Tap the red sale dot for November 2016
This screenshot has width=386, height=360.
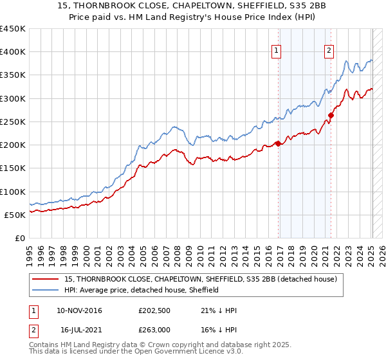point(278,143)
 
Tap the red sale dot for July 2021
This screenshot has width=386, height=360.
point(331,116)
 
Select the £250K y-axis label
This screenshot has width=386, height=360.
point(14,122)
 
